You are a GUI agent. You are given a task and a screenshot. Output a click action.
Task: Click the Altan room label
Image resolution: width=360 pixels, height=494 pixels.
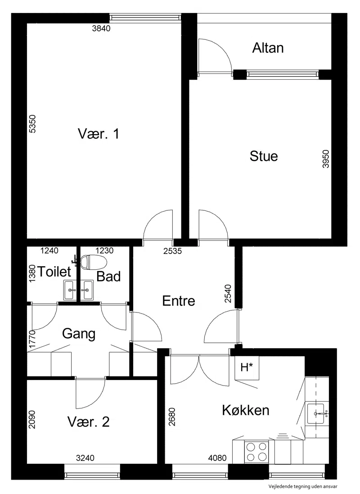[x=268, y=48]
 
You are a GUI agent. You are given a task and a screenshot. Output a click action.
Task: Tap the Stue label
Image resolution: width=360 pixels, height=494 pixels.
[x=264, y=156]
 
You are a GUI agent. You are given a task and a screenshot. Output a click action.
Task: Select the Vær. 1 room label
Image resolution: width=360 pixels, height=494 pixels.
[x=98, y=134]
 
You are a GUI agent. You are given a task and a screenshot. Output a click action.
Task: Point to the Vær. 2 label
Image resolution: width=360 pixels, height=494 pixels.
[x=89, y=421]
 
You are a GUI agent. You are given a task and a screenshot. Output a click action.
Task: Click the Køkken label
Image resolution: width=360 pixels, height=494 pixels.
[x=246, y=410]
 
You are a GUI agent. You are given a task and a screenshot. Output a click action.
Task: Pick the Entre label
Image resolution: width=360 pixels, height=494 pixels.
[x=179, y=301]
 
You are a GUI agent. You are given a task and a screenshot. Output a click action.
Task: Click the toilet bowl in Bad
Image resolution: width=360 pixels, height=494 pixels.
[x=94, y=262]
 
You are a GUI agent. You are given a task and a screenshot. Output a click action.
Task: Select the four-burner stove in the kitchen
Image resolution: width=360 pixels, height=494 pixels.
[x=256, y=452]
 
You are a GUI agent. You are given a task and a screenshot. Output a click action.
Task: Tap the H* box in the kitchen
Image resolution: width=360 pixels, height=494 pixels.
[x=247, y=367]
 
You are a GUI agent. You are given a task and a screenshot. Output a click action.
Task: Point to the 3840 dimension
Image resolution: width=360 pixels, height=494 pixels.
[x=101, y=28]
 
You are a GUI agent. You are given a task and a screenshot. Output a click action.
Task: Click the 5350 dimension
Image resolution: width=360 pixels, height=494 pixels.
[x=32, y=124]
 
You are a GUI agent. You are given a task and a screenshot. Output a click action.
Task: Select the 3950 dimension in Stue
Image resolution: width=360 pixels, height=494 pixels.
[x=326, y=159]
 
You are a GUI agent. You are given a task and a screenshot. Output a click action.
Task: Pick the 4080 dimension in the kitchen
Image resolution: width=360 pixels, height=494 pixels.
[x=217, y=458]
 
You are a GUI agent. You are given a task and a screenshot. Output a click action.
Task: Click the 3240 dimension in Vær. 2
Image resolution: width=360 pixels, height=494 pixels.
[x=85, y=458]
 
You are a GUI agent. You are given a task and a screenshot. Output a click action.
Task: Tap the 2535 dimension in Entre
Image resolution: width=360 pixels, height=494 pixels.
[x=173, y=251]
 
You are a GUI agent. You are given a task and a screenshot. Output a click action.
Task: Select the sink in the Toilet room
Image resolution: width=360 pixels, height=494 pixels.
[x=69, y=290]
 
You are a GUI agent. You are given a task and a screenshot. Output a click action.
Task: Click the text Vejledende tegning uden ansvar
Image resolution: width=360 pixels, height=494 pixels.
[x=303, y=487]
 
